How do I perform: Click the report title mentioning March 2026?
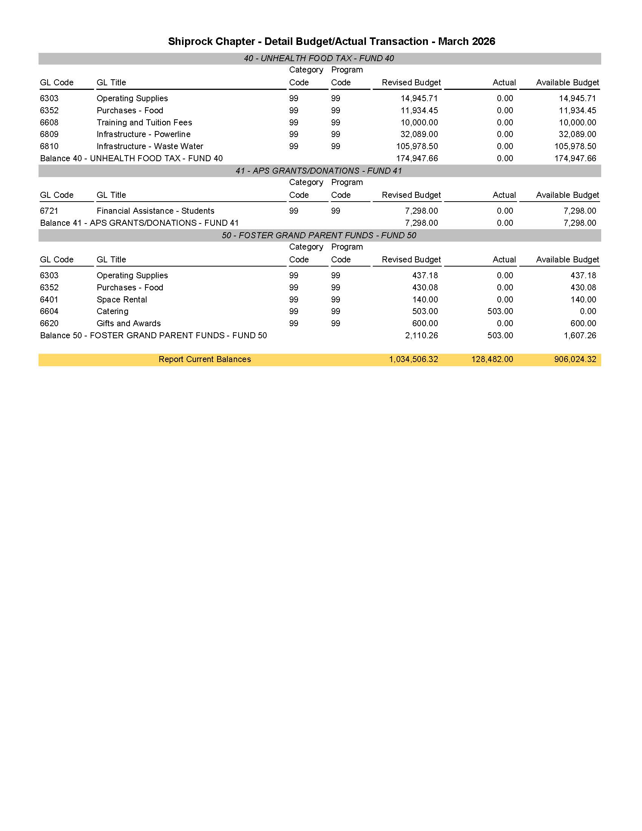(x=331, y=41)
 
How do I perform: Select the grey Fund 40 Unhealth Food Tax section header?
(x=319, y=58)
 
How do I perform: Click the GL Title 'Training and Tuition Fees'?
(x=144, y=123)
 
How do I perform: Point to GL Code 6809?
(x=49, y=134)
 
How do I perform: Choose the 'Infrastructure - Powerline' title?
(x=144, y=134)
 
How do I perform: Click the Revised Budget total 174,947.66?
(x=417, y=158)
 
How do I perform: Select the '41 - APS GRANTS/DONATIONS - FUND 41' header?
(x=319, y=171)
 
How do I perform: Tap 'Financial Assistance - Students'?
(x=155, y=211)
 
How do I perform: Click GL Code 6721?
(x=49, y=211)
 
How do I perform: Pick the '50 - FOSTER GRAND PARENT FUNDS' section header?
(x=319, y=236)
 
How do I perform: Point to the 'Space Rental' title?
(x=122, y=299)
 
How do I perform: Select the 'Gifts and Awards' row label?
(x=129, y=324)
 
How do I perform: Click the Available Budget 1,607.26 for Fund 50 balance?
(x=580, y=335)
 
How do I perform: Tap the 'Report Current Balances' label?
(x=205, y=359)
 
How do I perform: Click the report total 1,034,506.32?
(x=413, y=359)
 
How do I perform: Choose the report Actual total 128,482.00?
(x=492, y=359)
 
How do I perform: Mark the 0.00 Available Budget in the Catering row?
(x=588, y=311)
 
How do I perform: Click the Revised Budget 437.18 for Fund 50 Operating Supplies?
(x=425, y=276)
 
